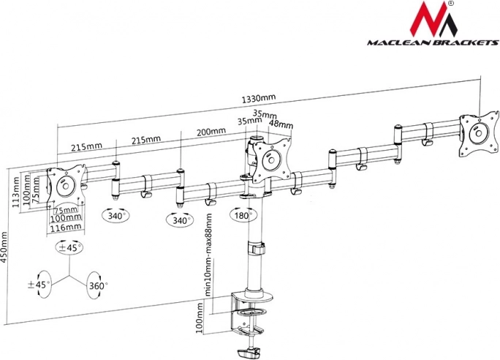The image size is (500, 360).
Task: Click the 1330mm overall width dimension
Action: point(259,98)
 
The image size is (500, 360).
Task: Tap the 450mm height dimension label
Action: point(3,247)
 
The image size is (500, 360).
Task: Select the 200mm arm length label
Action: point(211,131)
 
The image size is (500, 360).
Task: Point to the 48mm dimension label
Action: point(281,124)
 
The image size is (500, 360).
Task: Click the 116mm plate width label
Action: point(66,228)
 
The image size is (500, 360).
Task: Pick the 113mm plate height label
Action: point(15,192)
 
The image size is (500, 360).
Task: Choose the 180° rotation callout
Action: point(243,215)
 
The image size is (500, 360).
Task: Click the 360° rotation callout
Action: point(96,285)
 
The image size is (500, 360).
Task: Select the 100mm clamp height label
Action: point(199,318)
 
